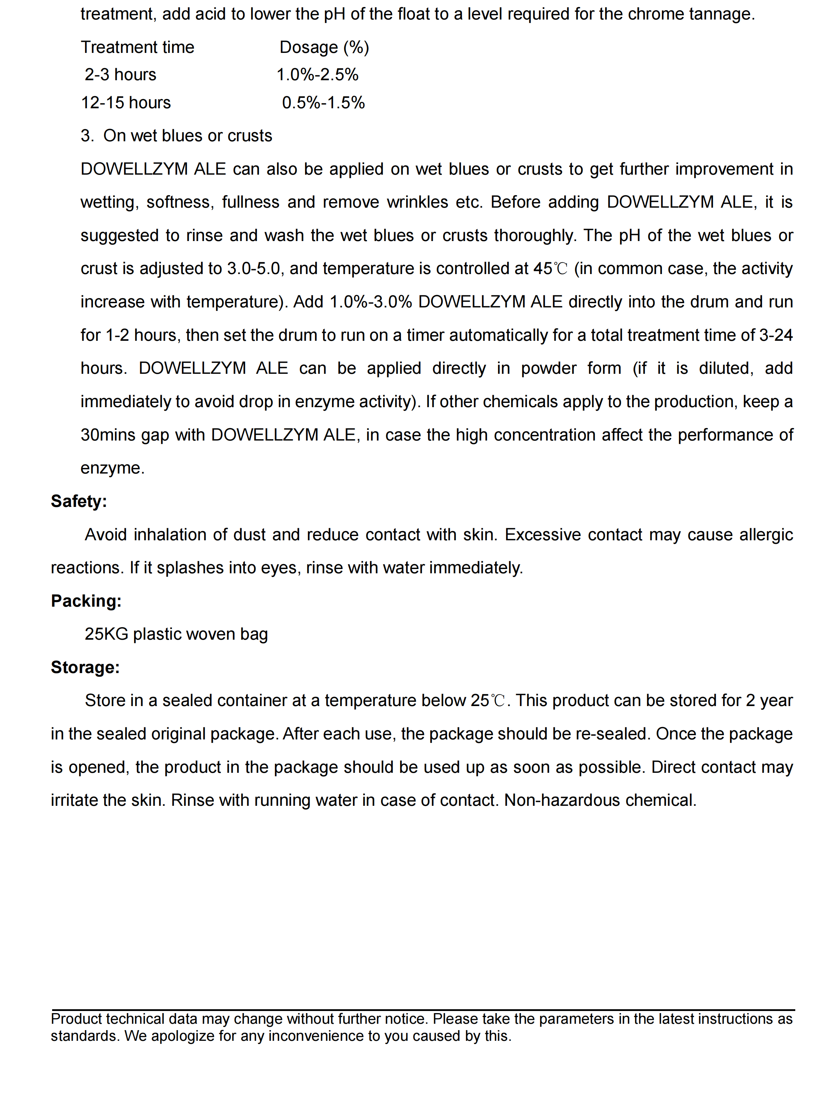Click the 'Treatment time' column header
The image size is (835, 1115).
pyautogui.click(x=138, y=47)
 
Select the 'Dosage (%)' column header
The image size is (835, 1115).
pyautogui.click(x=324, y=47)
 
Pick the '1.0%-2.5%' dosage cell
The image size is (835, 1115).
pyautogui.click(x=317, y=75)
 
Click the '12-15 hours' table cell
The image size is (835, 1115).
pyautogui.click(x=126, y=103)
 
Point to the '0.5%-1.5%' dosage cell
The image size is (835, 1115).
pyautogui.click(x=324, y=103)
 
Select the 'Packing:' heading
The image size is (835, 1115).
pyautogui.click(x=86, y=601)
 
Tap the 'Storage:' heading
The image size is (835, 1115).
pyautogui.click(x=85, y=667)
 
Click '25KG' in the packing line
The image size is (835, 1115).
pyautogui.click(x=106, y=634)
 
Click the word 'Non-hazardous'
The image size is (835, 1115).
pyautogui.click(x=562, y=800)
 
